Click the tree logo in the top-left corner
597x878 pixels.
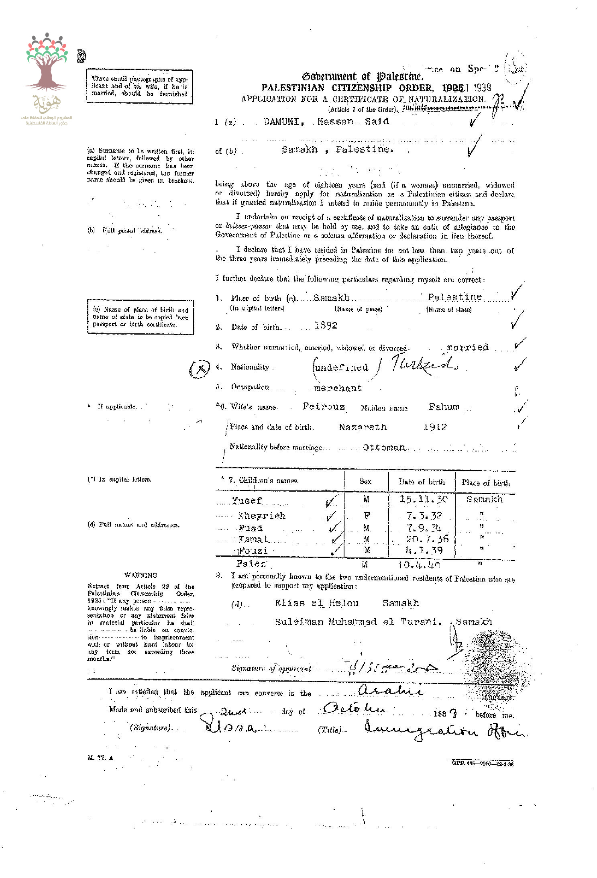(46, 64)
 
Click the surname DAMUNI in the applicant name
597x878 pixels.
(281, 122)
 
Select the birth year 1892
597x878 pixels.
(326, 326)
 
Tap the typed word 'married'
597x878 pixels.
(467, 347)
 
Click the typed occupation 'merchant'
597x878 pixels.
(338, 388)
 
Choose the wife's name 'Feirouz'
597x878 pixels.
(324, 406)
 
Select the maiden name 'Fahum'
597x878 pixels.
(444, 406)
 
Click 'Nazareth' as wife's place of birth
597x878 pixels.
(363, 427)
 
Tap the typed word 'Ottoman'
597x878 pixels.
(383, 447)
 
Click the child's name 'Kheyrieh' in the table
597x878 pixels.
(261, 516)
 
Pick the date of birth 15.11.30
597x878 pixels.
(423, 499)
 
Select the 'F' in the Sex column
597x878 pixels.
(367, 516)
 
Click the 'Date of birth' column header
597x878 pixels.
(422, 482)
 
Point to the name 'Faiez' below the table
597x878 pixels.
(251, 564)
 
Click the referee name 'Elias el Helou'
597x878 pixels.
(317, 603)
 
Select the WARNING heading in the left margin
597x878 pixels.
(141, 575)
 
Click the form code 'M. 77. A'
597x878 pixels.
(100, 758)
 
